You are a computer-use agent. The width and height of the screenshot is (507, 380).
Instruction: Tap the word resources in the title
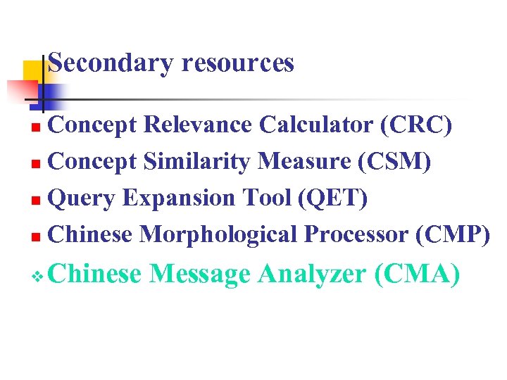pos(237,63)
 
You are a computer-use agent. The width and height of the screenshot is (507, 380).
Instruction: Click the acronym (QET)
pos(332,198)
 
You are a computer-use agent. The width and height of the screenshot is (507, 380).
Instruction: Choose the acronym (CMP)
pos(453,234)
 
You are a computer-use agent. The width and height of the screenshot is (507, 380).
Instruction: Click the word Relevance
pos(198,125)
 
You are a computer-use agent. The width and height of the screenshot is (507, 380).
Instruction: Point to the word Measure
pos(303,161)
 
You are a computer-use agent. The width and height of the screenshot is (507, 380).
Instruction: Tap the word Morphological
pos(218,234)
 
